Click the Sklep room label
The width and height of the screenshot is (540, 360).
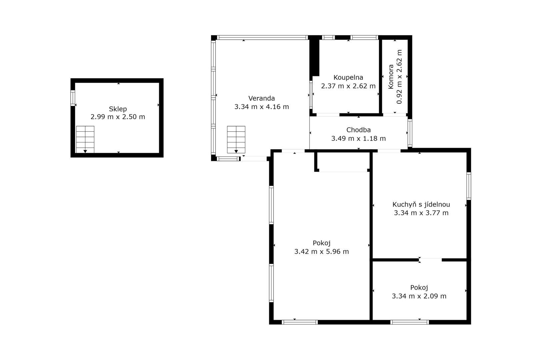(x=118, y=109)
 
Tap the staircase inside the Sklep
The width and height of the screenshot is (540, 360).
(x=85, y=139)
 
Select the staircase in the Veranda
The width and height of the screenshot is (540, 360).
(x=236, y=139)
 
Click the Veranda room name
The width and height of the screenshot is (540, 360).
(x=262, y=98)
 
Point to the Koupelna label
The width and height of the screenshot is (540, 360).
(x=348, y=77)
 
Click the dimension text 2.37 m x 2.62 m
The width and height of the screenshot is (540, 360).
(x=348, y=86)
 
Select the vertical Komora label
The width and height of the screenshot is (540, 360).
(x=391, y=77)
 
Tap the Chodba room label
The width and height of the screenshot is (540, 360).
(x=358, y=130)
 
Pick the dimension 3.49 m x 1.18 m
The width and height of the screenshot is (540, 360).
(x=358, y=138)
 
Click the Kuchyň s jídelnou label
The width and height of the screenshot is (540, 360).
(x=421, y=204)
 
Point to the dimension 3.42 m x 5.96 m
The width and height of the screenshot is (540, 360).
(x=321, y=251)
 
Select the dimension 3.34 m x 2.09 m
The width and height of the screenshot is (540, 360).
(x=419, y=296)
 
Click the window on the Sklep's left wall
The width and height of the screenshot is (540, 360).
(x=73, y=98)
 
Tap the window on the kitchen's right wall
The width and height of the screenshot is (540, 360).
(x=469, y=186)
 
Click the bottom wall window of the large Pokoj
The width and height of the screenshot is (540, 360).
(x=300, y=322)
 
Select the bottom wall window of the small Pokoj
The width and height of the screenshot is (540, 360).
(x=410, y=322)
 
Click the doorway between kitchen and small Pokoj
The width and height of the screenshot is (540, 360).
(x=430, y=260)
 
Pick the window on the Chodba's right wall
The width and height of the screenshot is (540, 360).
(x=410, y=133)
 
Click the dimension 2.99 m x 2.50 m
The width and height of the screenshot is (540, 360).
(x=118, y=117)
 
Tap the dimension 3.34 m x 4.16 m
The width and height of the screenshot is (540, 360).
(x=262, y=107)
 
